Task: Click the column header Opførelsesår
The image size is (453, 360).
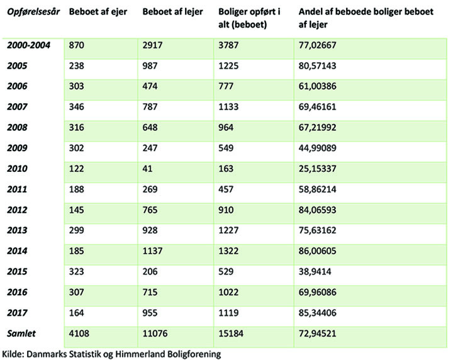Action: tap(33, 12)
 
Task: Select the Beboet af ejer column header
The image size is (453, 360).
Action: tap(98, 11)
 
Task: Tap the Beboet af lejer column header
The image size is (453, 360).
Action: tap(172, 11)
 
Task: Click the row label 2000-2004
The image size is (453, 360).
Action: tap(28, 45)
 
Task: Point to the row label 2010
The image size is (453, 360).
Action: tap(17, 169)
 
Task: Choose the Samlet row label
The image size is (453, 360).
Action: tap(21, 333)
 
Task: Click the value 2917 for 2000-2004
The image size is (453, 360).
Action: tap(152, 45)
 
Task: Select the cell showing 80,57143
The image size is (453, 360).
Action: tap(317, 66)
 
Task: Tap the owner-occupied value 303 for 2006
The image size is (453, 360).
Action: tap(76, 86)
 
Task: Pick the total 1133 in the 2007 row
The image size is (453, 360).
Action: tap(228, 107)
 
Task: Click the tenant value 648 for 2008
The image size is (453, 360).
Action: tap(150, 127)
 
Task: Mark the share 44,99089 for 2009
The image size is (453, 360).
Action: tap(317, 148)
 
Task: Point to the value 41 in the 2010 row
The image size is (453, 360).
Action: tap(147, 169)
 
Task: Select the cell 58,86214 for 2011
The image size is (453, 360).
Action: tap(317, 189)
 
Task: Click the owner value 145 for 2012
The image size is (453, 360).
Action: tap(76, 210)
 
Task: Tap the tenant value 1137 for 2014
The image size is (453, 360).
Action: tap(152, 250)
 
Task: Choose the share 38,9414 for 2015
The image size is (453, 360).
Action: tap(315, 272)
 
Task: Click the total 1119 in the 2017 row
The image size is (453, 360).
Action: tap(228, 313)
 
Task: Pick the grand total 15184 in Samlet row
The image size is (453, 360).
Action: tap(230, 334)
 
